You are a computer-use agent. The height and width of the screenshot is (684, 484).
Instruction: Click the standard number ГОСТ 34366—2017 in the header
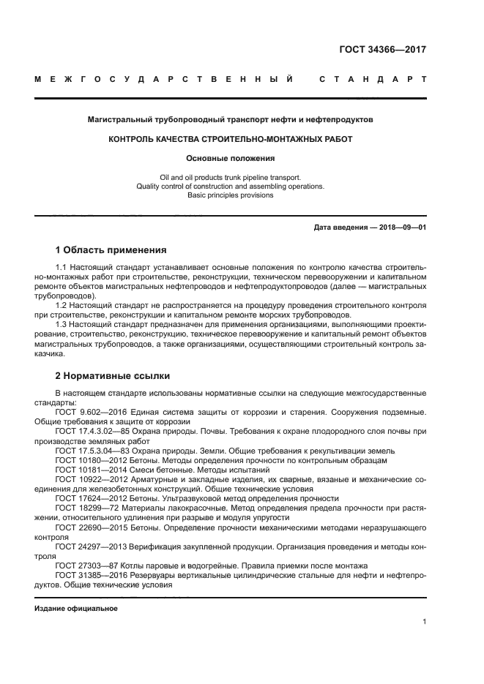tap(382, 50)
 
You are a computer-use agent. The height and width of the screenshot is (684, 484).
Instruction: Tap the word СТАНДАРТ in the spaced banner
tap(373, 79)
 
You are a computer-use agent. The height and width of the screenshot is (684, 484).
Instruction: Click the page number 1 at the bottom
tap(425, 622)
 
